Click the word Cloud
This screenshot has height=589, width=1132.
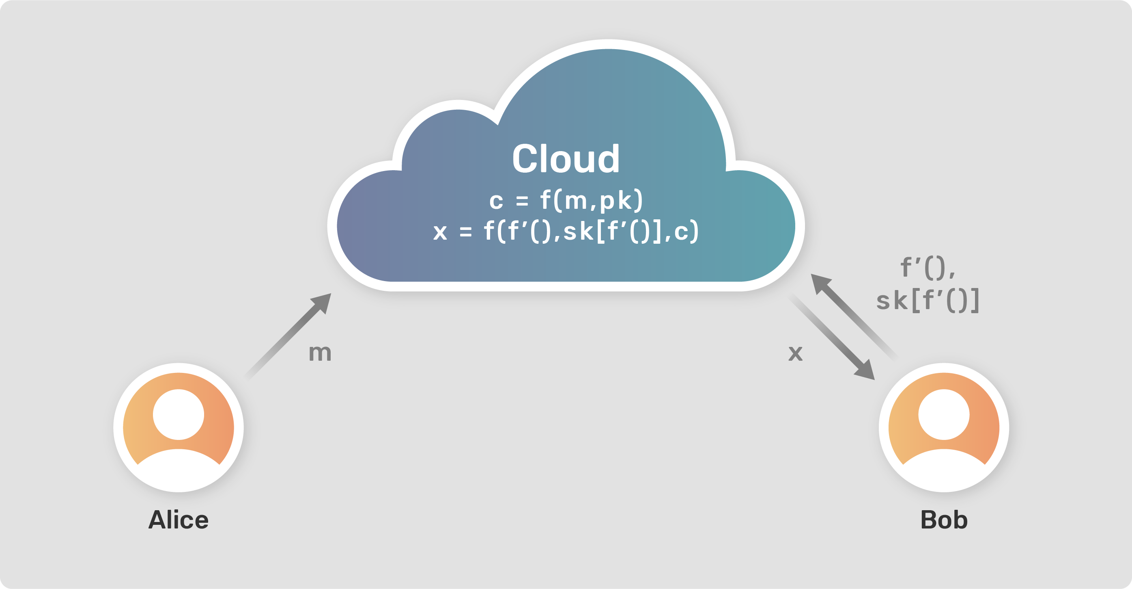566,158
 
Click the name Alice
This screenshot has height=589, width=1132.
179,520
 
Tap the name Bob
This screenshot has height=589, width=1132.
944,520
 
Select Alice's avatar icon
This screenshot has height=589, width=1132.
179,428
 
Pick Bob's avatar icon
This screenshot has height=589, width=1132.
944,428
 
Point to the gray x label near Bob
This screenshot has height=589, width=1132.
795,353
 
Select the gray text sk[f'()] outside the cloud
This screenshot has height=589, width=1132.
928,301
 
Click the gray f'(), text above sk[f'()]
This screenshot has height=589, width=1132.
928,267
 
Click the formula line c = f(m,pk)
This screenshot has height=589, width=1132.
566,201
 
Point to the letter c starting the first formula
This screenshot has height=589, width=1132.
496,202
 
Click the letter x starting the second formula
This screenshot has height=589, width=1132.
440,232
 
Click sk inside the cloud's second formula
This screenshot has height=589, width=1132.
578,232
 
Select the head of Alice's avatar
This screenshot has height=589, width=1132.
179,414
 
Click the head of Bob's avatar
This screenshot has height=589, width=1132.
944,414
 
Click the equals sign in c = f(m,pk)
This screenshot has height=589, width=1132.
522,201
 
